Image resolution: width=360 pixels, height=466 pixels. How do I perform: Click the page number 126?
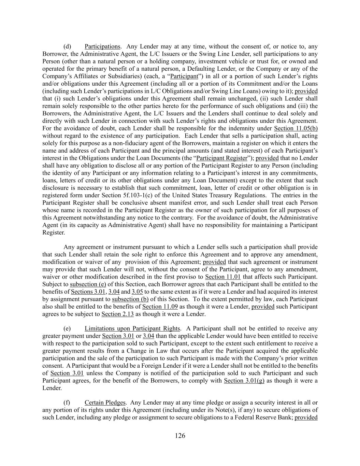(180, 435)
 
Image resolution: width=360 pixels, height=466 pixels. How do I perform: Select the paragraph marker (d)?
(67, 46)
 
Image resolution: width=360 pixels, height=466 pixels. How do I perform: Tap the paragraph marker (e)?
(67, 328)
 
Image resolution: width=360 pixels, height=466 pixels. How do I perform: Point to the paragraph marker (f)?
(67, 403)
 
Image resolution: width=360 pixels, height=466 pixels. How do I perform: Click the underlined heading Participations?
(102, 46)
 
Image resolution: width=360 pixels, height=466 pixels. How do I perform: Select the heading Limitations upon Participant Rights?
(132, 328)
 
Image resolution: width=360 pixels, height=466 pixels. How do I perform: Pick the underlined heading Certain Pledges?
(105, 403)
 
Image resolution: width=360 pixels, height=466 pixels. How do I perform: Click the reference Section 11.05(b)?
(296, 128)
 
